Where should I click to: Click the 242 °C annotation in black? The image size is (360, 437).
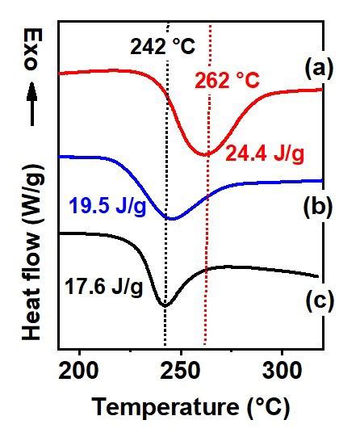[x=162, y=47]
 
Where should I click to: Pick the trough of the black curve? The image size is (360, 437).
[x=165, y=304]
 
